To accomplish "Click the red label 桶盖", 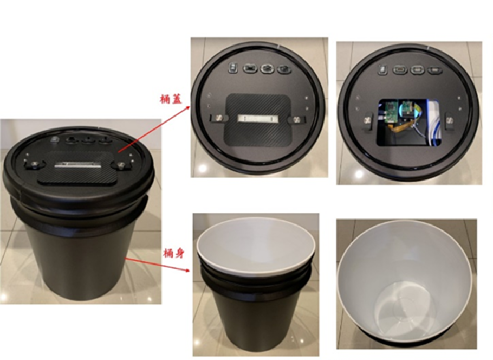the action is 171,99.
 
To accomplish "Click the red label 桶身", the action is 173,253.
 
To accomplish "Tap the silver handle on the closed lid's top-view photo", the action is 258,118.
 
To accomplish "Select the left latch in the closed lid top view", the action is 218,118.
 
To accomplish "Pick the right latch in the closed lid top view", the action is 296,119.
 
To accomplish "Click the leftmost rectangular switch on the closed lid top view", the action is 232,67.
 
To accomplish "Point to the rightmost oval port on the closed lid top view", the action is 284,68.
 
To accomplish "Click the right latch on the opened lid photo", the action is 450,120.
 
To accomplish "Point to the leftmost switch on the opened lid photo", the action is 382,69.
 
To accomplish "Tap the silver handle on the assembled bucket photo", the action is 77,165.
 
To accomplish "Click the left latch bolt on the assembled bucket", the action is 34,164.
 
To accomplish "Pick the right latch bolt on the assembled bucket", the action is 121,165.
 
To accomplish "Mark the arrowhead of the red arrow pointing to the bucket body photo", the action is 187,270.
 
